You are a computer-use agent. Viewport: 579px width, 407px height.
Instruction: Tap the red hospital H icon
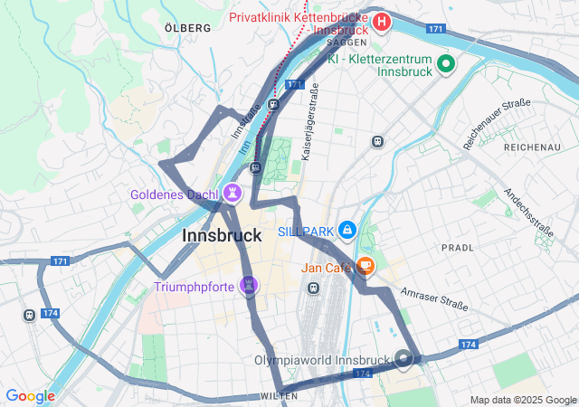pos(383,21)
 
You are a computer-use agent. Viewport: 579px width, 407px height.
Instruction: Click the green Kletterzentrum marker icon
pos(445,63)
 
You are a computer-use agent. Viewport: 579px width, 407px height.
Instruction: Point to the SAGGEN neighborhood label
pos(346,43)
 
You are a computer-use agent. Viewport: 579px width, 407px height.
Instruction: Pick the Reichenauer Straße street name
pos(497,124)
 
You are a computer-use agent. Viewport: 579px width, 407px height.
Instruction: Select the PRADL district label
pos(457,247)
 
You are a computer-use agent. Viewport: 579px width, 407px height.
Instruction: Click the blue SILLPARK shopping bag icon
pos(346,232)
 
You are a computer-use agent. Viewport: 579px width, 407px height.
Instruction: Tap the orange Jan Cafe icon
pos(365,267)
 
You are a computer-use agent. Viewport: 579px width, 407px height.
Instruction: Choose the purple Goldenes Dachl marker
pos(233,193)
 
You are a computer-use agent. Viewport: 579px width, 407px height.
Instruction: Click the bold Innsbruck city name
pos(222,235)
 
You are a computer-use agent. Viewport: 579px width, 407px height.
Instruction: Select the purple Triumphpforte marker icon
pos(250,287)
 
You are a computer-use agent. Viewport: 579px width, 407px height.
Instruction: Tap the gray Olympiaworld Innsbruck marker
pos(403,359)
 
